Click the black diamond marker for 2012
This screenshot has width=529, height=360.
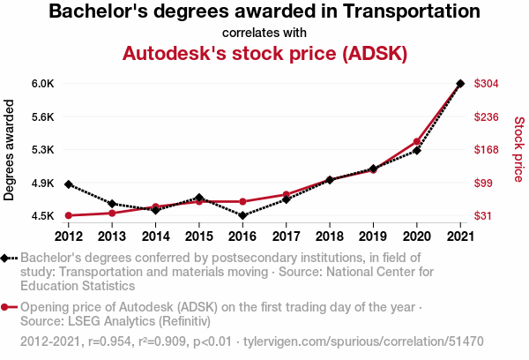click(x=69, y=184)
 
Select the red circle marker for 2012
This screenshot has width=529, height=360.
click(x=69, y=215)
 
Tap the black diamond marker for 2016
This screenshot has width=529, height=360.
click(x=242, y=215)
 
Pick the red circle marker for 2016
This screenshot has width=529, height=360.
click(x=242, y=201)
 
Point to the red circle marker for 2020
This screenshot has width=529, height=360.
click(x=417, y=141)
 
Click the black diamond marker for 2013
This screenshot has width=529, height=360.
click(x=112, y=204)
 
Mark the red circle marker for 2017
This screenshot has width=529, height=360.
click(x=286, y=194)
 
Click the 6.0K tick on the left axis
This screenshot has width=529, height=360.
click(x=43, y=84)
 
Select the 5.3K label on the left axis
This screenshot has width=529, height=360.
click(x=43, y=150)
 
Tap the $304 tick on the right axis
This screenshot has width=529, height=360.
click(x=486, y=84)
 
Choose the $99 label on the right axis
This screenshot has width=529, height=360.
click(x=483, y=183)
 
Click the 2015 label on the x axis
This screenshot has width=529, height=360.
click(x=199, y=236)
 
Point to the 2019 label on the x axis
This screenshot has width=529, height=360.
click(x=373, y=236)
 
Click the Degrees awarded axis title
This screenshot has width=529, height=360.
click(x=9, y=150)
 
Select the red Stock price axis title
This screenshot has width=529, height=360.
click(x=519, y=149)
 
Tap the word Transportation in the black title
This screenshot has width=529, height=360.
click(x=412, y=11)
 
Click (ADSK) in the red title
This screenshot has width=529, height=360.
click(x=375, y=53)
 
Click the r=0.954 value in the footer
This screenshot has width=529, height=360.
click(x=109, y=341)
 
